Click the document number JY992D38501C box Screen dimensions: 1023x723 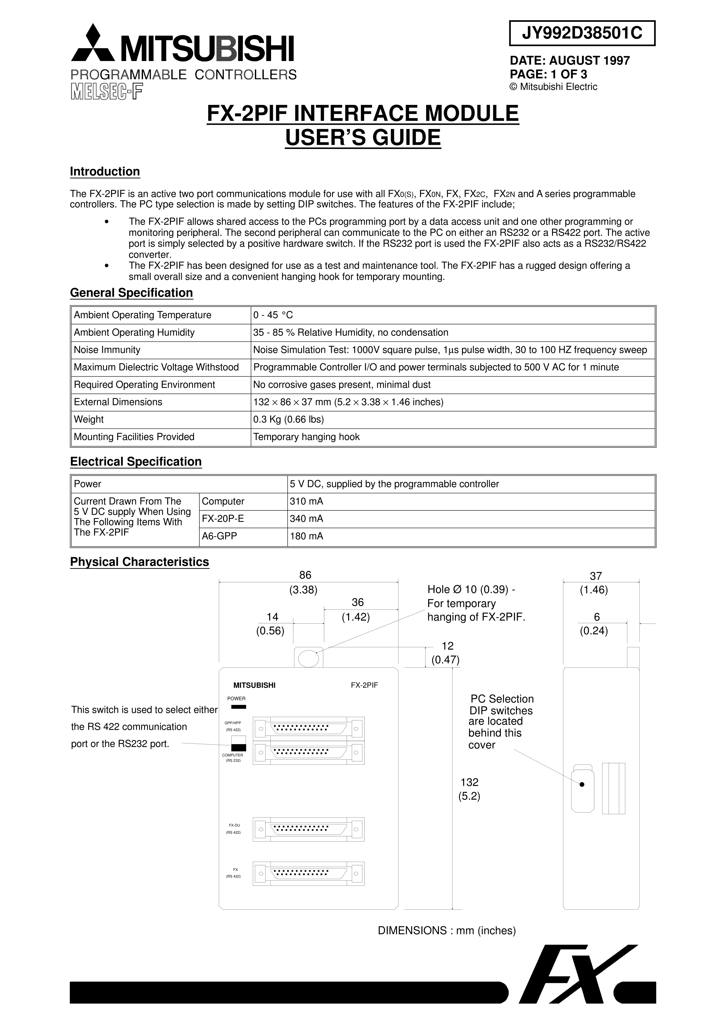coord(582,33)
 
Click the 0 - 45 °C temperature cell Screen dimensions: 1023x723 coord(273,315)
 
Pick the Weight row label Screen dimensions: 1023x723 coord(89,419)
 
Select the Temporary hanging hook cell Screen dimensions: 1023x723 coord(306,437)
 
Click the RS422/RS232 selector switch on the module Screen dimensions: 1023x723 coord(239,743)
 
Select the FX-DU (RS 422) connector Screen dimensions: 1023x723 coord(308,829)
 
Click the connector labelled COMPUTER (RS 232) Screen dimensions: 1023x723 coord(308,753)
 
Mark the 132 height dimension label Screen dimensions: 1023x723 coord(469,782)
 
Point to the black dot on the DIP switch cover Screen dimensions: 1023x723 coord(582,784)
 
